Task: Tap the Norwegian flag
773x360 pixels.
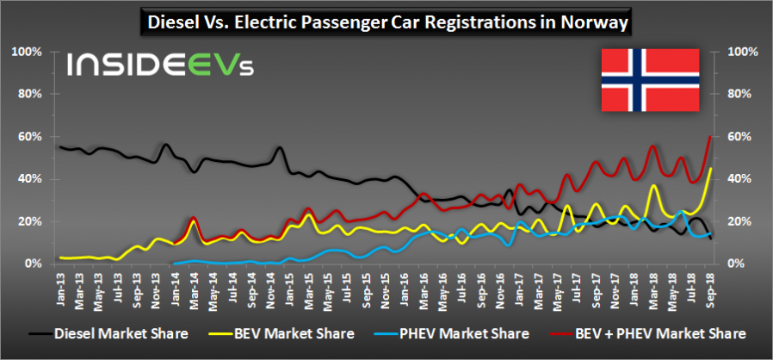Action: [650, 80]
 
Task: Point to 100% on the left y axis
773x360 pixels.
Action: [26, 53]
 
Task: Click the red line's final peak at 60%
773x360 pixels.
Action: [710, 137]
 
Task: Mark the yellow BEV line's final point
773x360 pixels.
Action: [710, 170]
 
